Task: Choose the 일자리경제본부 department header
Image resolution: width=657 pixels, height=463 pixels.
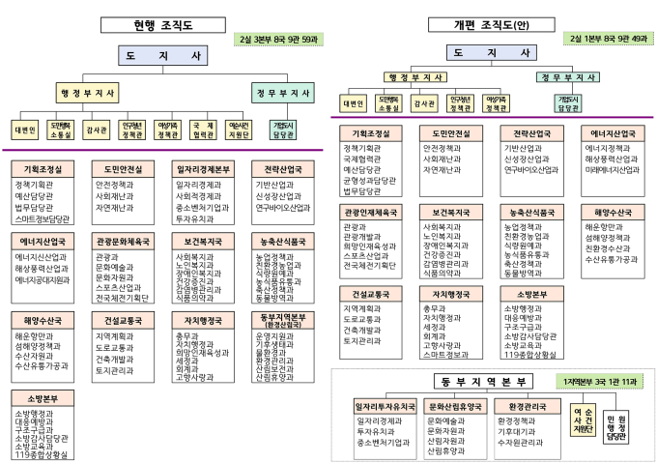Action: pos(203,168)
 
